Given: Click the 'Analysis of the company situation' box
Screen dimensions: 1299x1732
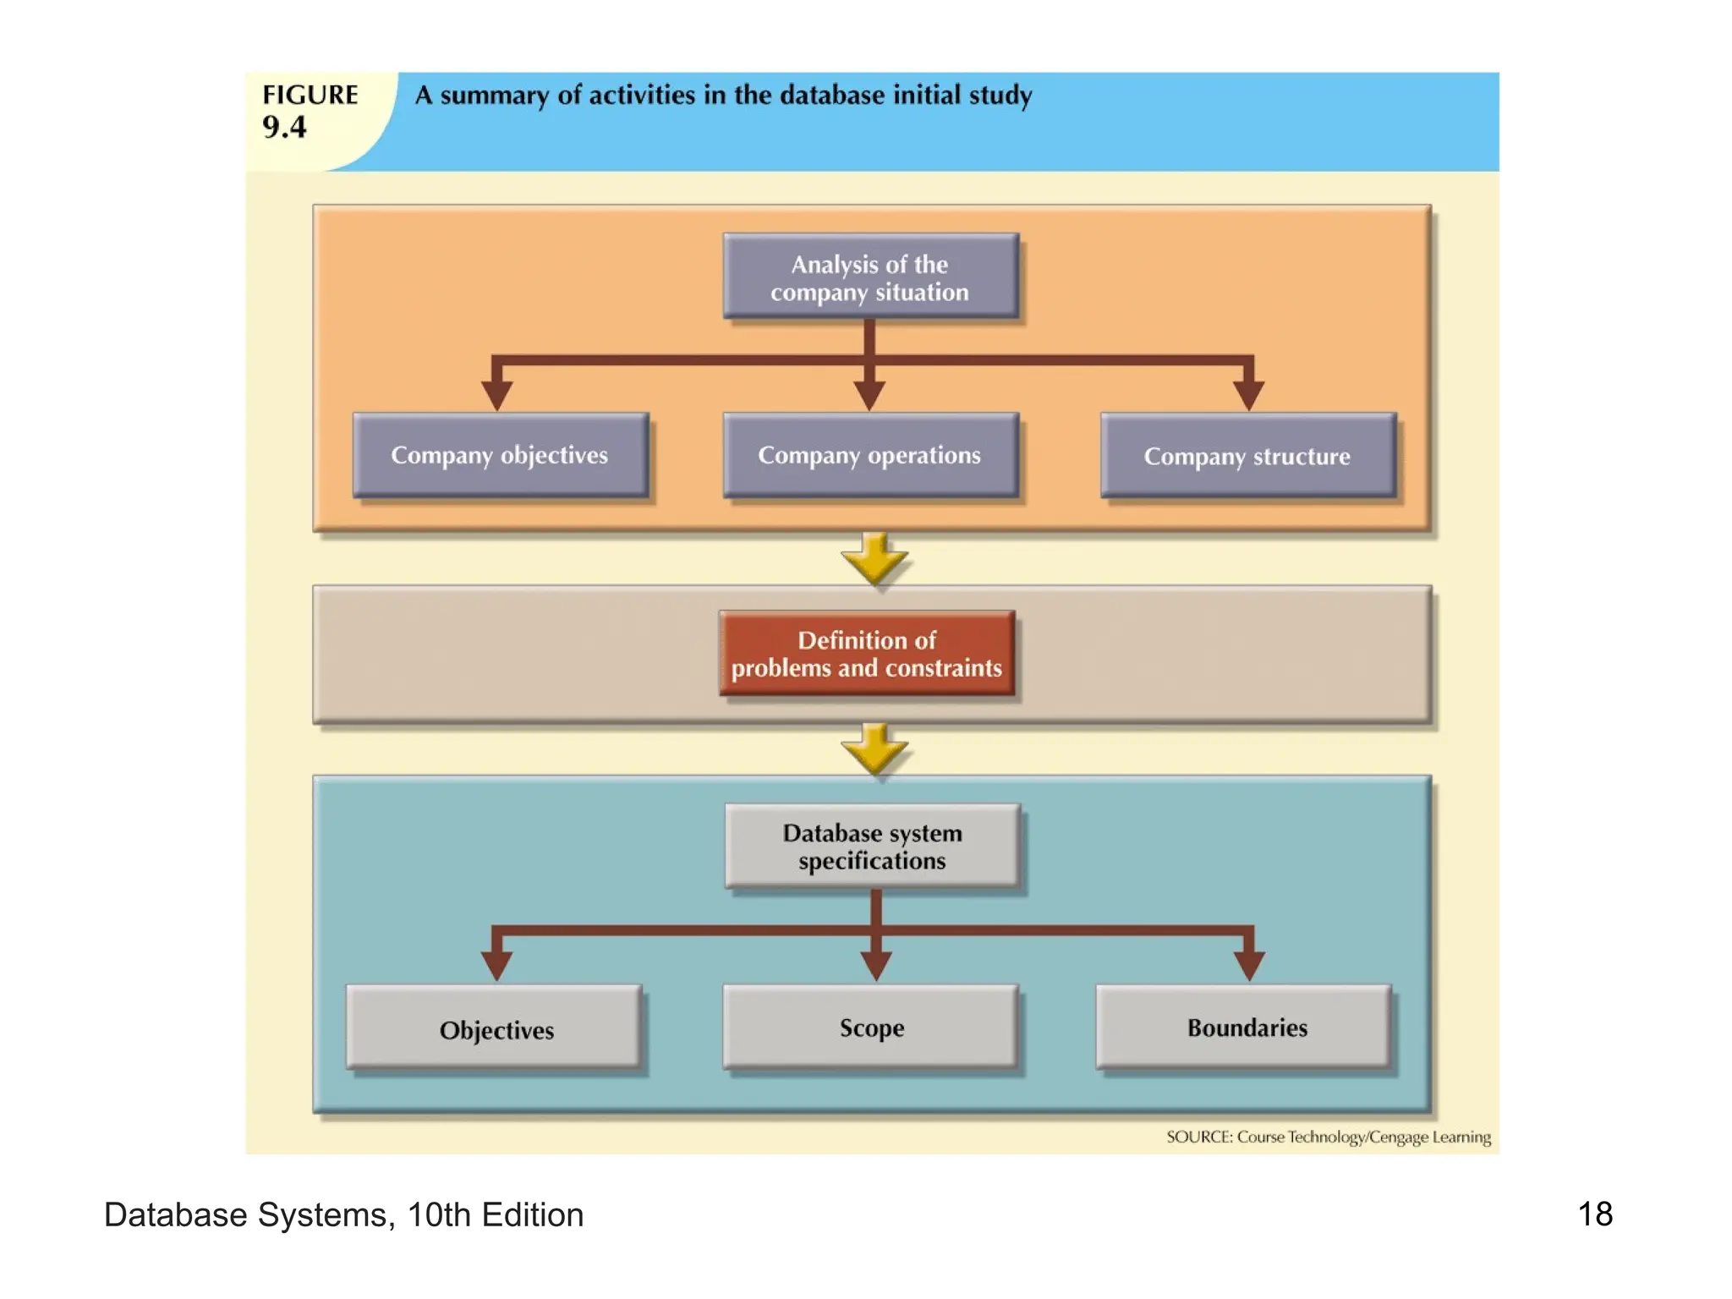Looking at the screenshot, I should coord(870,277).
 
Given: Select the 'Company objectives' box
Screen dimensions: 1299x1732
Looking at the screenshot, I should coord(500,455).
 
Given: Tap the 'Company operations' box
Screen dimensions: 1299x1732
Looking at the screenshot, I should coord(870,455).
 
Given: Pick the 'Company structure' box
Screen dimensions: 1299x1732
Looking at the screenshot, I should coord(1247,456).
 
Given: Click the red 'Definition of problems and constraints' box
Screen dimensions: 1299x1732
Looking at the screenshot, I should coord(867,654).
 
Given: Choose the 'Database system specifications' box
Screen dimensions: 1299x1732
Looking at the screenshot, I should coord(872,846).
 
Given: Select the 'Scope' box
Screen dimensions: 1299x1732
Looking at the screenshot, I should coord(871,1027).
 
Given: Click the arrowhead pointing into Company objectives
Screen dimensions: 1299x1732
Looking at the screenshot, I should coord(497,393).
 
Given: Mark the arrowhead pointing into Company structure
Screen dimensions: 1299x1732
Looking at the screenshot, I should coord(1248,393).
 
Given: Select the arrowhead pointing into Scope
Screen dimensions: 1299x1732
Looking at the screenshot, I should coord(876,964).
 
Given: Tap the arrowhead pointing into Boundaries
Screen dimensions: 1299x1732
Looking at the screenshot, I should coord(1248,964).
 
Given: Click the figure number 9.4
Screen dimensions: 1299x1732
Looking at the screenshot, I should coord(284,127).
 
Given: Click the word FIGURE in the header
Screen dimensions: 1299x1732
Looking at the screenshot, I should coord(310,95).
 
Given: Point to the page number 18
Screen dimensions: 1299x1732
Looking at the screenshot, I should coord(1595,1214).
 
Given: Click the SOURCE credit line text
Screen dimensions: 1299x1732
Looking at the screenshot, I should coord(1329,1137).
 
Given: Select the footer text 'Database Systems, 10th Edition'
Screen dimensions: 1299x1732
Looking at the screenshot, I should coord(343,1214).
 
